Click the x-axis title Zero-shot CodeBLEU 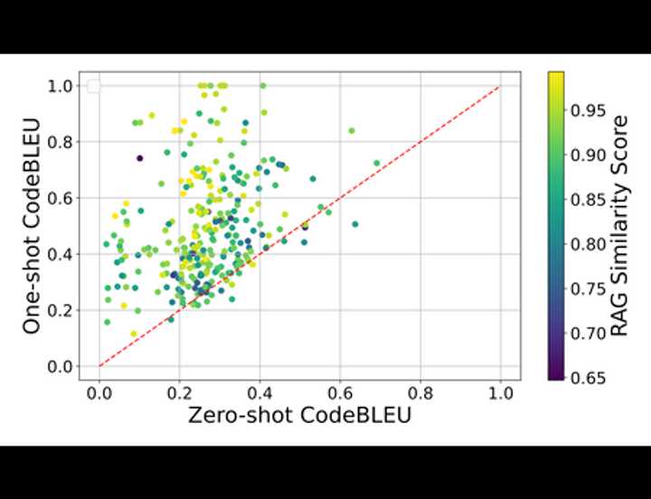[299, 417]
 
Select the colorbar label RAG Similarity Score [619, 225]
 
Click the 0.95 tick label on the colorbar [587, 111]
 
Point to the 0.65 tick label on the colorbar [587, 378]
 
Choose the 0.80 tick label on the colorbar [587, 244]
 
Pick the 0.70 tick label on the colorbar [587, 334]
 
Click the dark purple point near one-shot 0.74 [139, 158]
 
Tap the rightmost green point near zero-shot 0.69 [376, 163]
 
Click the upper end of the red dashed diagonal [498, 88]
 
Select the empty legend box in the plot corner [93, 86]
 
